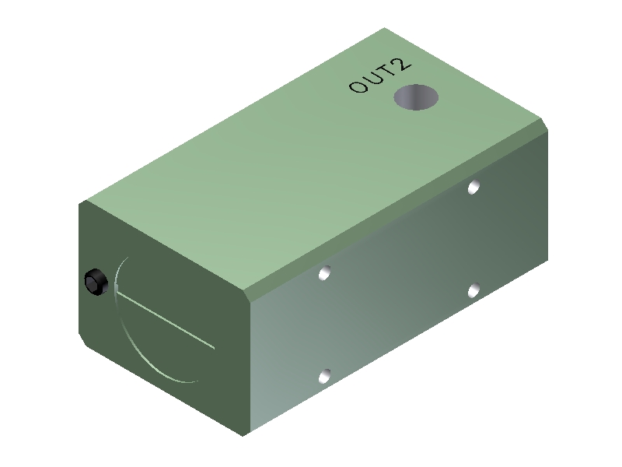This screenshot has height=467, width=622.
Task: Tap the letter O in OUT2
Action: [358, 86]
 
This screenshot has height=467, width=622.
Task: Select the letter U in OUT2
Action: [372, 80]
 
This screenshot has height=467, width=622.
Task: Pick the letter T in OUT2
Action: [386, 73]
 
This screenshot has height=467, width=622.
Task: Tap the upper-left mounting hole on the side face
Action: [325, 273]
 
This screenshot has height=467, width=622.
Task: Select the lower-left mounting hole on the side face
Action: [325, 377]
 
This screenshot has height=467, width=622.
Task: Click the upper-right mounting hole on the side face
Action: [473, 187]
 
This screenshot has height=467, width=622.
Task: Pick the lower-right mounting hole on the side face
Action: [473, 290]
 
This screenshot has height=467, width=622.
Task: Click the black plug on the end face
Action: [95, 282]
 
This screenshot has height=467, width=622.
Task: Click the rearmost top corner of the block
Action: [384, 29]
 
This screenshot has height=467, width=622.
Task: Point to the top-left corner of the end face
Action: [81, 202]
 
